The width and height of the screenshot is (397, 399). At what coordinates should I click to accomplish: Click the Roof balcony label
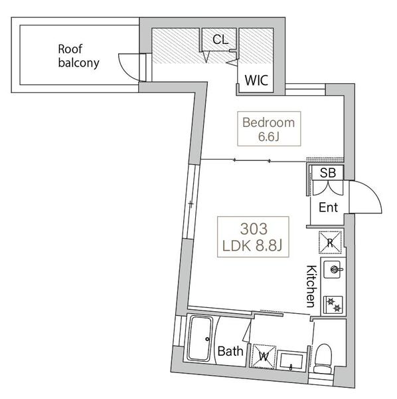pyautogui.click(x=78, y=56)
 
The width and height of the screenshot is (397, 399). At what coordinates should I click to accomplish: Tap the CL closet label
pyautogui.click(x=220, y=39)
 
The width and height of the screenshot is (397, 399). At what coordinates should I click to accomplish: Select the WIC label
pyautogui.click(x=256, y=80)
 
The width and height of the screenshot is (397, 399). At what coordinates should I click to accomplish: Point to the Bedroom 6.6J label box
pyautogui.click(x=269, y=129)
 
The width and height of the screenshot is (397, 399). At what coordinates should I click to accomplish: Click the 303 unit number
pyautogui.click(x=254, y=229)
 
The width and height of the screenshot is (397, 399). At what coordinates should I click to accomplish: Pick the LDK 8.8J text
pyautogui.click(x=252, y=246)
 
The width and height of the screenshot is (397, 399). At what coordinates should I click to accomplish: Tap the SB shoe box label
pyautogui.click(x=328, y=173)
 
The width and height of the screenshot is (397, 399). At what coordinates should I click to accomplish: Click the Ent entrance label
pyautogui.click(x=328, y=207)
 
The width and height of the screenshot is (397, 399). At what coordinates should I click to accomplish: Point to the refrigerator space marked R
pyautogui.click(x=330, y=243)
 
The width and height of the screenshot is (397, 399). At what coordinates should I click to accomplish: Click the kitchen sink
pyautogui.click(x=333, y=269)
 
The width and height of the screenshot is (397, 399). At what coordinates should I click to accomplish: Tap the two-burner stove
pyautogui.click(x=333, y=305)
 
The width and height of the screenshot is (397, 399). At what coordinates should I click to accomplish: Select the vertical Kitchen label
pyautogui.click(x=311, y=286)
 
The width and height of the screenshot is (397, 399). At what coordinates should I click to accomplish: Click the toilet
pyautogui.click(x=323, y=358)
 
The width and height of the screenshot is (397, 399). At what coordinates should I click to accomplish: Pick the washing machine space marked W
pyautogui.click(x=264, y=356)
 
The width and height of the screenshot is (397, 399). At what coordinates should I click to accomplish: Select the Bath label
pyautogui.click(x=230, y=351)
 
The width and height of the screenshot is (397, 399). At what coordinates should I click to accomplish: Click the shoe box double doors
pyautogui.click(x=328, y=188)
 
